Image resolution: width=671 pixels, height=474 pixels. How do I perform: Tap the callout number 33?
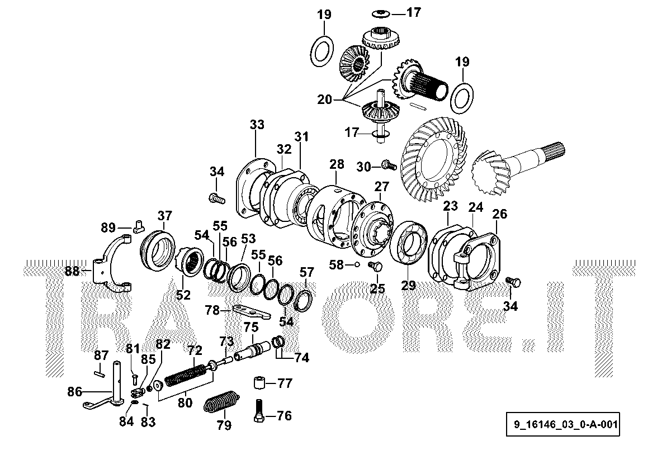coord(257,125)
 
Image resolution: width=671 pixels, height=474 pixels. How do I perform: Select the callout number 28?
coord(337,164)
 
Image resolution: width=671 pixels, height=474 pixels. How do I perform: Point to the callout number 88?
coord(72,271)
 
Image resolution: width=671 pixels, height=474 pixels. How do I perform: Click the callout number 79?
coord(224,426)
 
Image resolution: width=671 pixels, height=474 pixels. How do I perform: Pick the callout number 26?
coord(499,214)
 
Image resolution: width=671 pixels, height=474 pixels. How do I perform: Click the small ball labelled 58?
coord(356,264)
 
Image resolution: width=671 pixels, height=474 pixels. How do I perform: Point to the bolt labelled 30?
coord(389,165)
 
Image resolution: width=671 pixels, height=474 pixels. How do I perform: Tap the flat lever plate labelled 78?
coord(251,311)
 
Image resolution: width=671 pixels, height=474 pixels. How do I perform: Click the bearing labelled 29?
coord(409,241)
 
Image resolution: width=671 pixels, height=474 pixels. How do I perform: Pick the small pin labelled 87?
coord(100,368)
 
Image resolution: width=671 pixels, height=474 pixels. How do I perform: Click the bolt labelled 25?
coord(376,268)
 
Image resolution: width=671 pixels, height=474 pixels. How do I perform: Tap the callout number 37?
coord(164,216)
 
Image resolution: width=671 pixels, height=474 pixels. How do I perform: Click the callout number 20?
coord(324,100)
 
